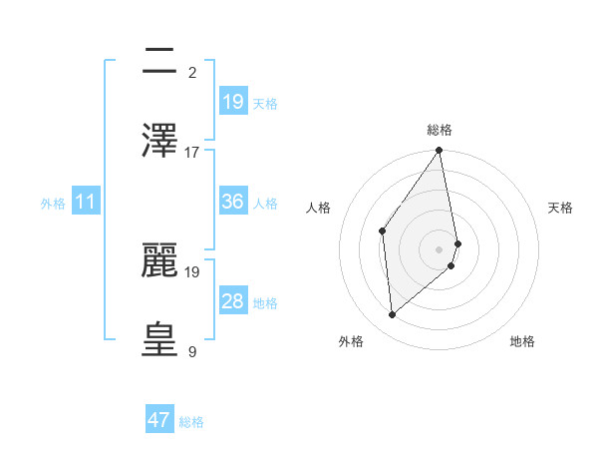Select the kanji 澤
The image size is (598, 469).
coord(160,142)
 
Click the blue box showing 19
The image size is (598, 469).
coord(233,102)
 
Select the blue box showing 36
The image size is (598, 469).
coord(233,202)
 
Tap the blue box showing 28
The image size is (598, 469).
coord(233,301)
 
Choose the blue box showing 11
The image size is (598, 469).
coord(86,202)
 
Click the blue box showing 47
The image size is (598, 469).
coord(159,420)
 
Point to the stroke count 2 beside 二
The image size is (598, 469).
coord(192,72)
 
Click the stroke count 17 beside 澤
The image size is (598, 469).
coord(192,152)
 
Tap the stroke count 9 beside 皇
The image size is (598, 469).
coord(192,351)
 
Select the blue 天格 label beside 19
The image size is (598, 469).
coord(265,104)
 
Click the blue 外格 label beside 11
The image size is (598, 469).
coord(53,204)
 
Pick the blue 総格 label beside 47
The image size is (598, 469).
coord(191,422)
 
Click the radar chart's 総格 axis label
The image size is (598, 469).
coord(440,130)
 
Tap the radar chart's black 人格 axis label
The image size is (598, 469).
coord(319,208)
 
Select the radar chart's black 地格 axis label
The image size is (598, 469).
coord(522,341)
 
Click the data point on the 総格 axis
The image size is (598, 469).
coord(440,151)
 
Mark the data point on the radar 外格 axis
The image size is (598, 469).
coord(393,314)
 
